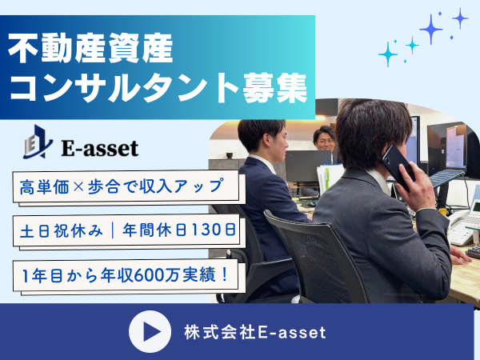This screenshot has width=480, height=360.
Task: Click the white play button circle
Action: (150, 331)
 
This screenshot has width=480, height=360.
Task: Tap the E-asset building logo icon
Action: (38, 142)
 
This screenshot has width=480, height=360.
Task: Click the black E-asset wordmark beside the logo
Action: (100, 149)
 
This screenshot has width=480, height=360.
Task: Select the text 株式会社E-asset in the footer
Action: (255, 333)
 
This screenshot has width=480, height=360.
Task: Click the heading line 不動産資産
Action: (90, 48)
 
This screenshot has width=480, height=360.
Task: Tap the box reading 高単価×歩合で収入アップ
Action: (126, 186)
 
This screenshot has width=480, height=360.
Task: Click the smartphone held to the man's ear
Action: (398, 166)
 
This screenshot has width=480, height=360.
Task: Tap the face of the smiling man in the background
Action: (325, 141)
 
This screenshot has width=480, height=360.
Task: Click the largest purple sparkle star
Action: (431, 29)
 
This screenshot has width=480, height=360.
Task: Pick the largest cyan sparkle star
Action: (388, 54)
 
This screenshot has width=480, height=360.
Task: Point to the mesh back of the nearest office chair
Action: (315, 260)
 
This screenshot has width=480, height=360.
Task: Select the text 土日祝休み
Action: (62, 230)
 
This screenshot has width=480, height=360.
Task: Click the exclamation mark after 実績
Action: (225, 274)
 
